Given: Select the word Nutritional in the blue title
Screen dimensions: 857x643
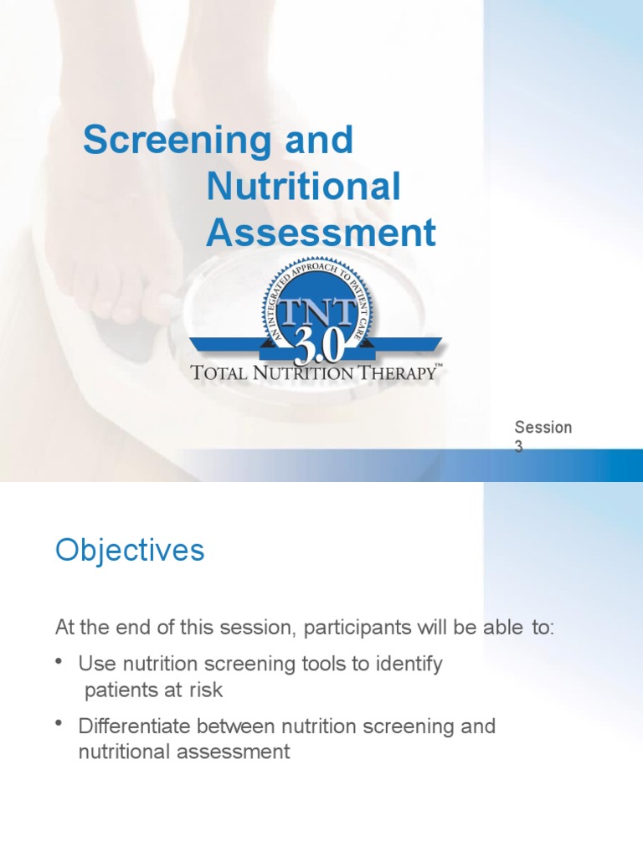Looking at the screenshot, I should point(303,187).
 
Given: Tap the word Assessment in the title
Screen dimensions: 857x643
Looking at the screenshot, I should point(321,233).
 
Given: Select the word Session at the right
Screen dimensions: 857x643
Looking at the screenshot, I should point(543,428).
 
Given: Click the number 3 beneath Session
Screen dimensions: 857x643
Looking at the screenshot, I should point(519,448).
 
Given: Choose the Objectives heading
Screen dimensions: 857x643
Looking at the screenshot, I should point(130,552).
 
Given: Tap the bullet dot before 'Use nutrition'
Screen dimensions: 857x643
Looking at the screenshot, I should point(59,663).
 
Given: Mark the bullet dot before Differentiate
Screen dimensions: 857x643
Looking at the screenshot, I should point(59,725).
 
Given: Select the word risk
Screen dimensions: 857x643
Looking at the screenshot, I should point(206,690).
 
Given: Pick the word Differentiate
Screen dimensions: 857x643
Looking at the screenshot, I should point(136,726).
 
